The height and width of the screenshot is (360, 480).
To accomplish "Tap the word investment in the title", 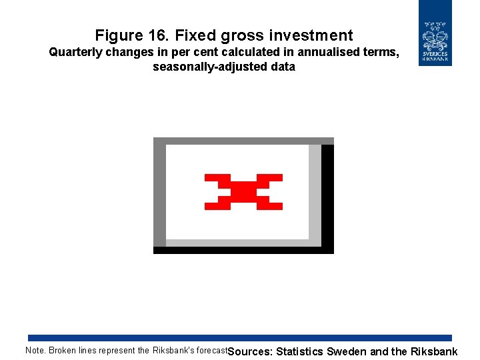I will (x=310, y=35).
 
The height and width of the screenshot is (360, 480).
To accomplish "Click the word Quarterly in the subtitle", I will (x=75, y=53).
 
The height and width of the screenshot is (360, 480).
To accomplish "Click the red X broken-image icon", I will (x=243, y=192).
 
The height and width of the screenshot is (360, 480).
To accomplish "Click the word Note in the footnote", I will (x=35, y=351).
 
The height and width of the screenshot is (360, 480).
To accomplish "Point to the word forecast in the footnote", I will (x=211, y=351).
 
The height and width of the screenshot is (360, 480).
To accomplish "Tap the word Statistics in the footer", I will (x=299, y=352).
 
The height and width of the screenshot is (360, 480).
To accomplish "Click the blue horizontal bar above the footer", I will (x=240, y=338).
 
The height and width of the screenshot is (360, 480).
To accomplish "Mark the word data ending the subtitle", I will (x=282, y=67).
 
